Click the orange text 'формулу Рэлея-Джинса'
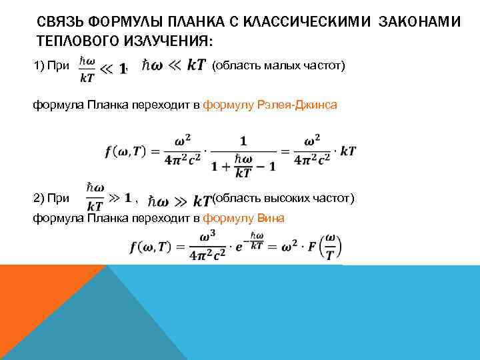(270, 106)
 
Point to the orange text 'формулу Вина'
(243, 218)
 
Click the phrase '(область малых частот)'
(278, 65)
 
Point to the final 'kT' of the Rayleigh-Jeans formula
(347, 151)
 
